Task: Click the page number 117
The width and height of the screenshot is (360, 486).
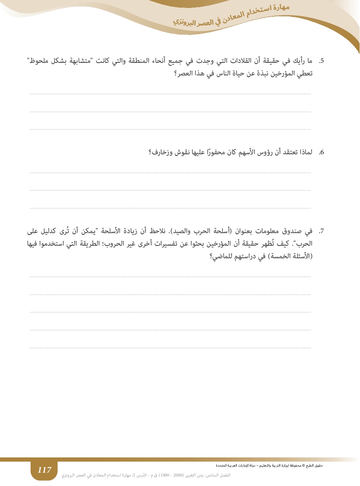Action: (44, 470)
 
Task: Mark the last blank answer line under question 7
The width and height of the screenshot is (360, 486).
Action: (170, 348)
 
